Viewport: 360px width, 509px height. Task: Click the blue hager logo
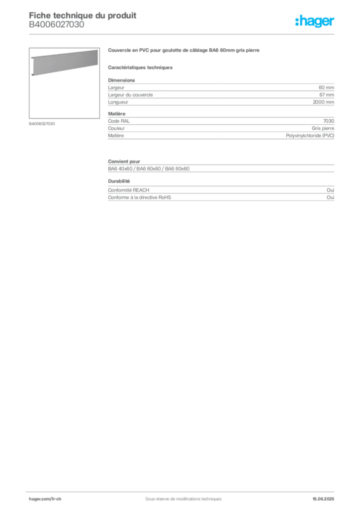point(316,22)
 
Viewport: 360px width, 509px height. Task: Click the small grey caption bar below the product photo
point(41,123)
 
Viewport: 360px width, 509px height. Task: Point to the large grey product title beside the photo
point(184,51)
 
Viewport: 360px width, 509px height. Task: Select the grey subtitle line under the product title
point(141,67)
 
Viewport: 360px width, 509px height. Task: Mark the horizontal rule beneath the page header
point(183,34)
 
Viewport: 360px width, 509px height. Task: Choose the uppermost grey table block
point(220,92)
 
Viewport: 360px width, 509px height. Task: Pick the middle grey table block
point(220,128)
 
